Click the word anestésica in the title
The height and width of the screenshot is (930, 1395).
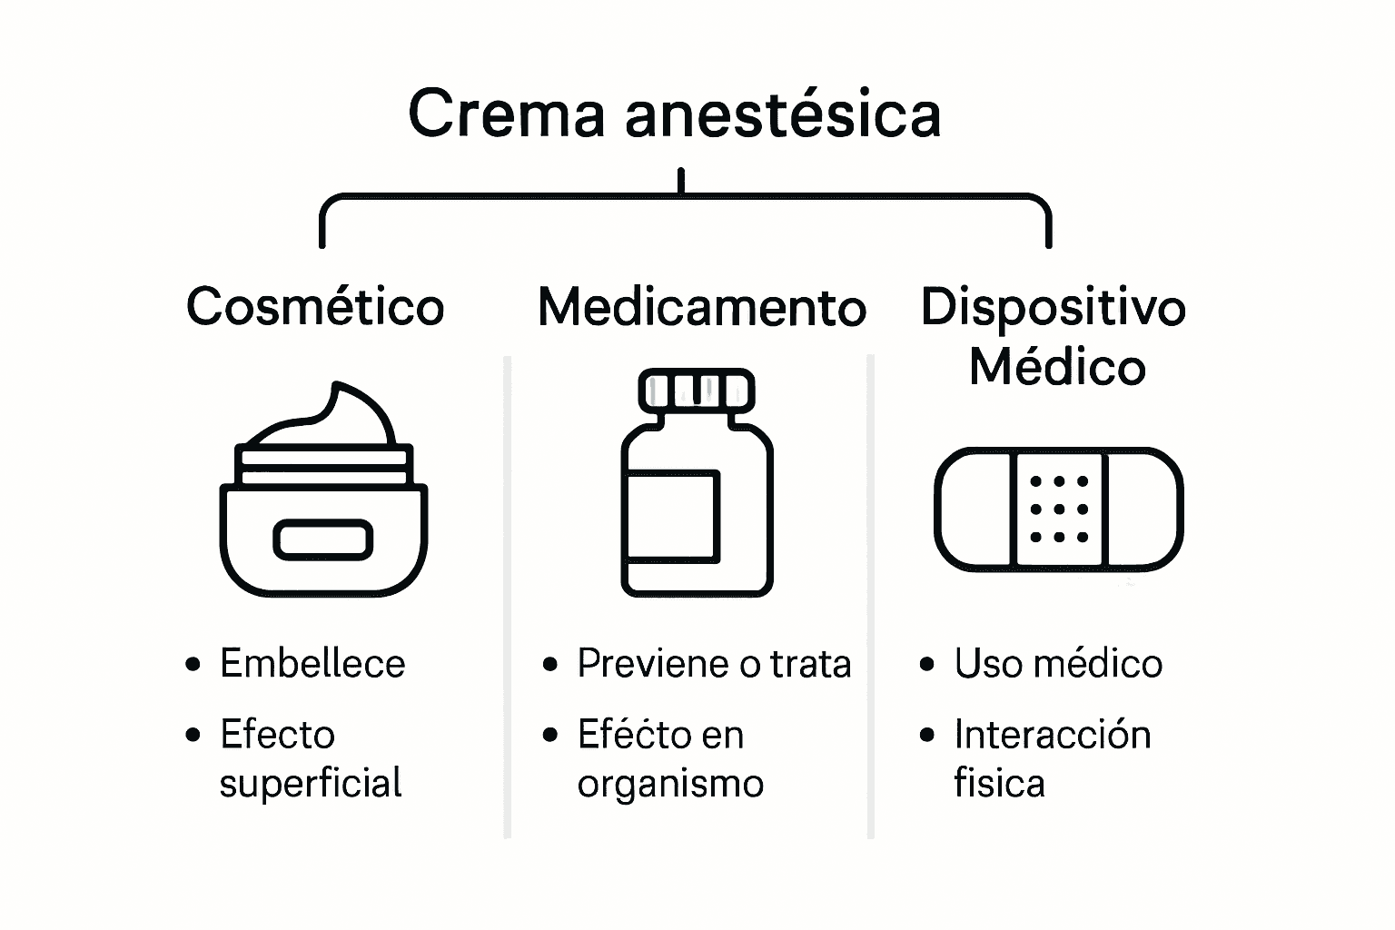tap(782, 114)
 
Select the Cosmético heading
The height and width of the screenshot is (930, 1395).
tap(315, 307)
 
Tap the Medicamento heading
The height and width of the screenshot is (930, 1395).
tap(701, 308)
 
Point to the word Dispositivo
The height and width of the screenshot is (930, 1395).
tap(1053, 308)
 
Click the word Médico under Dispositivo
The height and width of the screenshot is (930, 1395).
tap(1057, 367)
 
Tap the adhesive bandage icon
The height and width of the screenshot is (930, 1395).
tap(1058, 510)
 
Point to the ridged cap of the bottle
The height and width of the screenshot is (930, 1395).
tap(697, 389)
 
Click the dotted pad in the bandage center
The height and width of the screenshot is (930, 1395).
tap(1058, 510)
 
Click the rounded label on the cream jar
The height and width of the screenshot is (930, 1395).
tap(323, 539)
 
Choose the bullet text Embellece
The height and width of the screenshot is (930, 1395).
tap(312, 664)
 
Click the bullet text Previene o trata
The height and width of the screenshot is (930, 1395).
tap(714, 664)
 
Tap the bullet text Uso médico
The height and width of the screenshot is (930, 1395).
tap(1058, 664)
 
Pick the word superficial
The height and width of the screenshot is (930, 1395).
tap(311, 784)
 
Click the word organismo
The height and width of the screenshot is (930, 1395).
tap(670, 784)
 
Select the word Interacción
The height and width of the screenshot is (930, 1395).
tap(1053, 735)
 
